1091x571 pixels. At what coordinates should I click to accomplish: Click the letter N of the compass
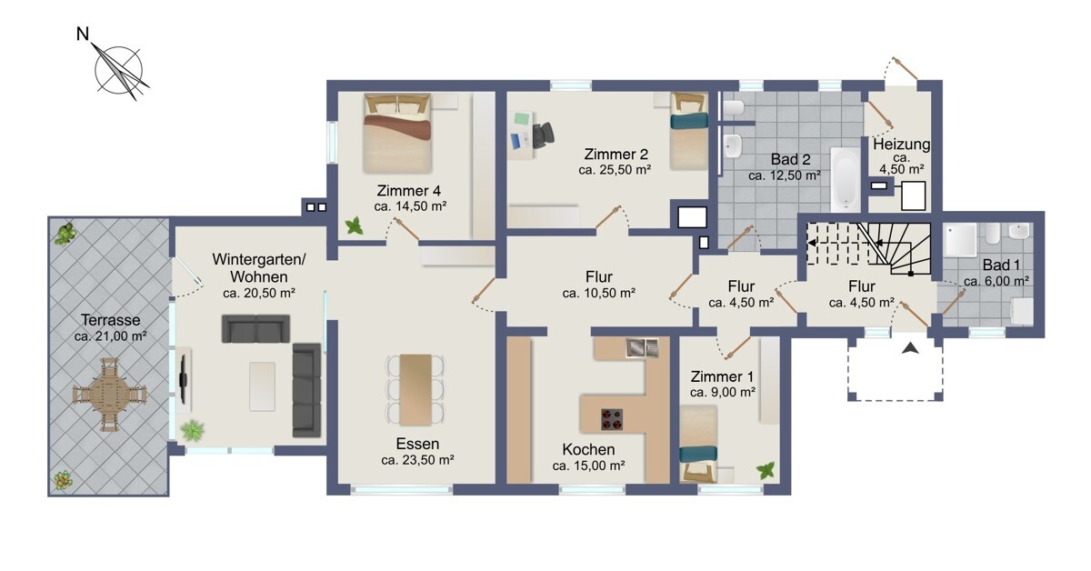(x=83, y=34)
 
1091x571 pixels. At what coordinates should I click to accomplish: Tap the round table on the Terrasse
(x=110, y=395)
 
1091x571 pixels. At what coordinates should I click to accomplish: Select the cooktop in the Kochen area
(x=612, y=419)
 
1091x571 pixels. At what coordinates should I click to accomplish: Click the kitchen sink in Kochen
(x=642, y=347)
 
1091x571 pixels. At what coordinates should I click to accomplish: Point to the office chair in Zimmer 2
(x=543, y=135)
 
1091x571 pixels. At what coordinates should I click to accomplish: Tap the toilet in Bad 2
(x=733, y=107)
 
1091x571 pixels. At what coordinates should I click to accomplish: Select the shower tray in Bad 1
(x=960, y=240)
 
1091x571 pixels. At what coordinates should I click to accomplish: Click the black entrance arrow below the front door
(x=910, y=348)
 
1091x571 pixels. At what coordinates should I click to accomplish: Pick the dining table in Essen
(x=415, y=389)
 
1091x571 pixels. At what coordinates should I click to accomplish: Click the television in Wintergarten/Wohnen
(x=183, y=378)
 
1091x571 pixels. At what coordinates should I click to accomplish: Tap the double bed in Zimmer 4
(x=397, y=133)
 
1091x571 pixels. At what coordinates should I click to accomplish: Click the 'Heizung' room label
(x=901, y=145)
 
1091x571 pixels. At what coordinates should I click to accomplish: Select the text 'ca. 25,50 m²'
(x=615, y=170)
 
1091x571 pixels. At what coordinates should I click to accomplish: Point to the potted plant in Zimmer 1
(x=766, y=471)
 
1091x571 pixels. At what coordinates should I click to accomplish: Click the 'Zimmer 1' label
(x=722, y=376)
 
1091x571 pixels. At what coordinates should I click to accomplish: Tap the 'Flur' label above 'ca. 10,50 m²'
(x=599, y=276)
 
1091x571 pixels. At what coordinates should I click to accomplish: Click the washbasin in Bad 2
(x=732, y=145)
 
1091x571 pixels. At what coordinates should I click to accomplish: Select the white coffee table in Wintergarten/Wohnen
(x=262, y=386)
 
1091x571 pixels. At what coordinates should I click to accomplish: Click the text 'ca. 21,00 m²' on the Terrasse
(x=111, y=336)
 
